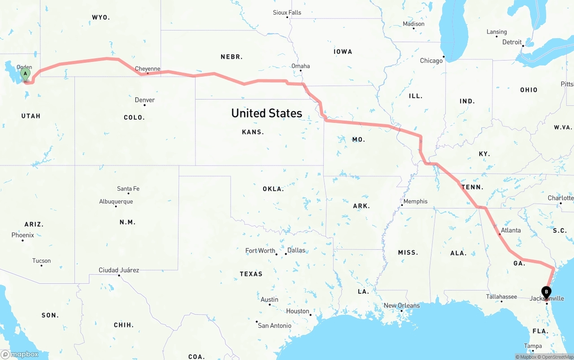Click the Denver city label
coord(145,100)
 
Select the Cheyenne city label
coord(148,69)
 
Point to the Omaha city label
coord(300,66)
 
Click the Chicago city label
coord(431,61)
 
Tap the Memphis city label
coord(415,201)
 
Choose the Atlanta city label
coord(511,230)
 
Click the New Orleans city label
coord(402,305)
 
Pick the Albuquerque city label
coord(116,201)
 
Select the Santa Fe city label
coord(128,188)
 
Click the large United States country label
coord(267,113)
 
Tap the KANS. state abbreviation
coord(253,132)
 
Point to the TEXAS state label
coord(251,273)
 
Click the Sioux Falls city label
coord(287,12)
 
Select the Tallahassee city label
coord(501,296)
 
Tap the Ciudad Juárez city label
coord(119,270)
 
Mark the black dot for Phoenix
coord(22,240)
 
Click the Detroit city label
coord(512,42)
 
